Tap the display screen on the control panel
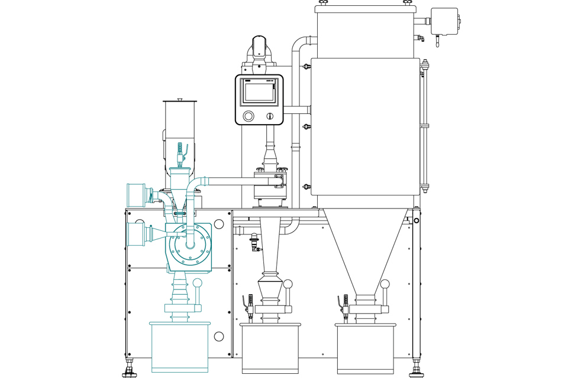[x=260, y=92]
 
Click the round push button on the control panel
[x=248, y=116]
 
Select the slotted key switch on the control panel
[x=270, y=116]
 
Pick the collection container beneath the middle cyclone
[x=270, y=348]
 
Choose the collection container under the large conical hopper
[x=366, y=348]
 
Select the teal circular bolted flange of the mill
[x=189, y=243]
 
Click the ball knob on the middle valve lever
[x=288, y=284]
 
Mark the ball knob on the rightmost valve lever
[x=385, y=284]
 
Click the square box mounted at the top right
[x=444, y=21]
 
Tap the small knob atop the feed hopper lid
[x=180, y=100]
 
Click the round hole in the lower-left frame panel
[x=219, y=336]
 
